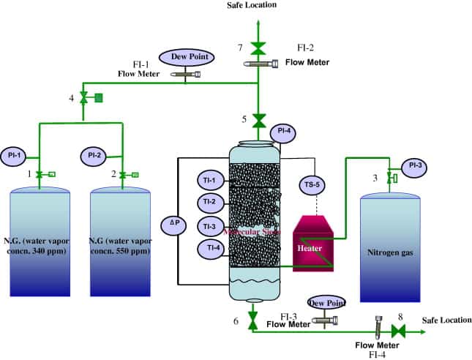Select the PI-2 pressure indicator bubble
click(x=93, y=155)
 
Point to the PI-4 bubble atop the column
click(x=283, y=132)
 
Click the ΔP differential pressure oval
click(x=173, y=223)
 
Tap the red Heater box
click(x=314, y=247)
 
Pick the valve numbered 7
click(x=258, y=48)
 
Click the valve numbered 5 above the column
click(x=258, y=119)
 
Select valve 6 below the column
click(x=253, y=320)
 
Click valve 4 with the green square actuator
click(x=83, y=97)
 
